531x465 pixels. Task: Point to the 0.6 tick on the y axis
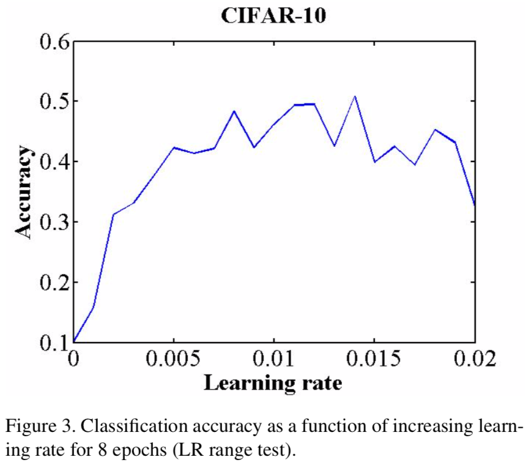[x=53, y=42]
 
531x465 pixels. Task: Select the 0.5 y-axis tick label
[x=53, y=102]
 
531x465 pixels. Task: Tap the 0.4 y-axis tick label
[x=53, y=162]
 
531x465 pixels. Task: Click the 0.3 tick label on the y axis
[x=53, y=221]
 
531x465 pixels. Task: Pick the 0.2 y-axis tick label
[x=53, y=282]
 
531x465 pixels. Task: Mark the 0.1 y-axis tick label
[x=53, y=342]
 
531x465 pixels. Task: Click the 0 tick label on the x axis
[x=74, y=359]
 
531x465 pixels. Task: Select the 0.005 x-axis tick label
[x=174, y=359]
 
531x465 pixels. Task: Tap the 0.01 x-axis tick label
[x=274, y=359]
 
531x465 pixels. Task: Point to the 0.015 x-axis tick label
[x=374, y=359]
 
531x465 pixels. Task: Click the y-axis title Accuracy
[x=23, y=192]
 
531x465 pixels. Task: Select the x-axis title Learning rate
[x=272, y=384]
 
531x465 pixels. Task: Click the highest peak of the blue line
[x=354, y=96]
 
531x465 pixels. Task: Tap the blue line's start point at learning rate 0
[x=74, y=341]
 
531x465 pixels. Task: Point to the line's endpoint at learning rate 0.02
[x=475, y=205]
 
